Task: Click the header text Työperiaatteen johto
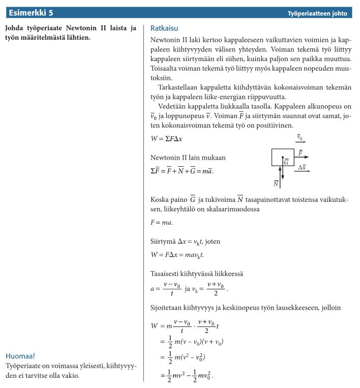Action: pos(317,13)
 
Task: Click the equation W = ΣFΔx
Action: pos(167,138)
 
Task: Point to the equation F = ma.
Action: pos(162,222)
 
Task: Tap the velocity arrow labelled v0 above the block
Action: pos(301,141)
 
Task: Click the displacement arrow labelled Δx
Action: pos(302,171)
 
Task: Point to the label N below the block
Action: pos(276,184)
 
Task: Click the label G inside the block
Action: pos(286,162)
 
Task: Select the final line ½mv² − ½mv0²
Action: pos(187,376)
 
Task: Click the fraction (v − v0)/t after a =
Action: pos(171,289)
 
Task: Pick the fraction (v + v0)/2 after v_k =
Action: pos(216,289)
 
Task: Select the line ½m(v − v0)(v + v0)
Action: pos(192,342)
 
